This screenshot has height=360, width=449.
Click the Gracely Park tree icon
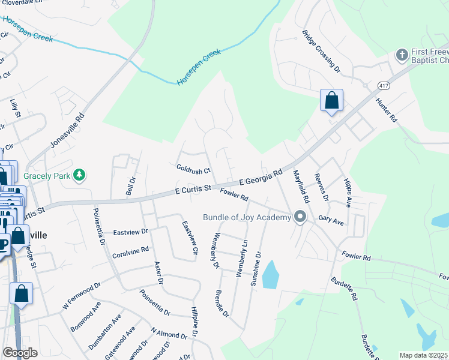(79, 175)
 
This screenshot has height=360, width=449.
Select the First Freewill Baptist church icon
(402, 55)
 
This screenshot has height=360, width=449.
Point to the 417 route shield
(382, 86)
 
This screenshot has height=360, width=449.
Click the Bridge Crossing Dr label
(322, 52)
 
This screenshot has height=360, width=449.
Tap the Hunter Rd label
(387, 110)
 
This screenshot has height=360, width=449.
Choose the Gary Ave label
(331, 221)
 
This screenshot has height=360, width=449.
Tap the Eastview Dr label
(130, 232)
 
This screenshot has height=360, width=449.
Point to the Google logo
(20, 353)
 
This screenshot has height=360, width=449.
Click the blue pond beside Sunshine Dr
(271, 274)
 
